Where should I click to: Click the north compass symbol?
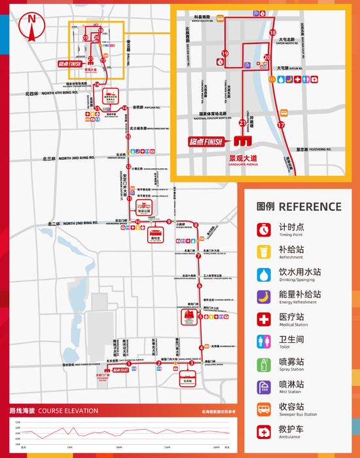point(31,20)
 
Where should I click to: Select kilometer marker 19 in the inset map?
point(225,54)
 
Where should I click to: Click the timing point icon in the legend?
point(263,229)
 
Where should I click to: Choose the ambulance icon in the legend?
point(263,430)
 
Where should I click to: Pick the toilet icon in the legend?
point(263,341)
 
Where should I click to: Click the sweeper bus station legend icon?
point(263,408)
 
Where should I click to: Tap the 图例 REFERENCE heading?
point(298,207)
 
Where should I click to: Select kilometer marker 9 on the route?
point(169,221)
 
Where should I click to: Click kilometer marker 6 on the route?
point(199,286)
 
